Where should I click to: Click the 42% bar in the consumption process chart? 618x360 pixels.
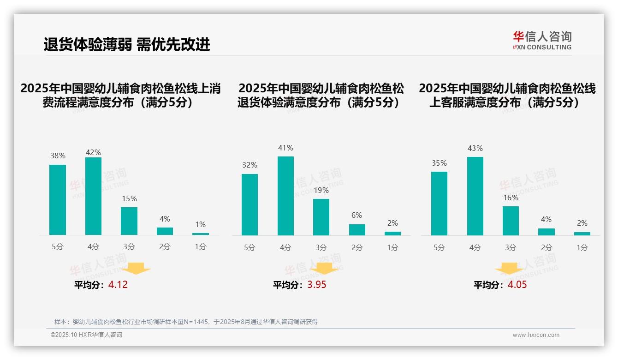click(x=93, y=196)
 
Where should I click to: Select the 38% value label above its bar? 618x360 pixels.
click(x=58, y=156)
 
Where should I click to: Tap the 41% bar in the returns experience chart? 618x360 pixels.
click(x=285, y=196)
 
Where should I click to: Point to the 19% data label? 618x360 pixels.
click(x=321, y=190)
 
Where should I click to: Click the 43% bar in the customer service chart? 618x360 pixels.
click(x=475, y=196)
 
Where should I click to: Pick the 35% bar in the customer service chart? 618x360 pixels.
click(x=439, y=204)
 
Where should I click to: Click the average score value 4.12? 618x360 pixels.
click(x=118, y=285)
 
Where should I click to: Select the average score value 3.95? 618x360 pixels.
click(x=317, y=285)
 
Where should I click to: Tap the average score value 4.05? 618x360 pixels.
click(x=517, y=285)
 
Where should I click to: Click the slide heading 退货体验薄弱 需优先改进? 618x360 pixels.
click(x=127, y=44)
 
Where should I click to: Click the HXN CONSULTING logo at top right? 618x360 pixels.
click(x=542, y=41)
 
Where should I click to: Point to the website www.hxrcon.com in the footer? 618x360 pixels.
click(x=536, y=335)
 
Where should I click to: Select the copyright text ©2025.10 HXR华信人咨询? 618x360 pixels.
click(x=86, y=335)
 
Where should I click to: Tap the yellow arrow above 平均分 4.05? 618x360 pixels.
click(x=509, y=269)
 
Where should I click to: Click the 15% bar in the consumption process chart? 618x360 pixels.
click(x=129, y=221)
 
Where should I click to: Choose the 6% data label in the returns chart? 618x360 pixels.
click(x=357, y=215)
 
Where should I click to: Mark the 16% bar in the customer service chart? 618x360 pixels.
click(x=511, y=221)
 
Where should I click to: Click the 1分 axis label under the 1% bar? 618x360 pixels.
click(x=201, y=247)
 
